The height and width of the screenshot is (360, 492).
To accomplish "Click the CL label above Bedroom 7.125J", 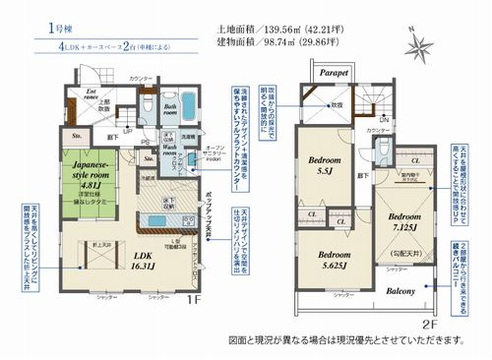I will [x=416, y=159].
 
